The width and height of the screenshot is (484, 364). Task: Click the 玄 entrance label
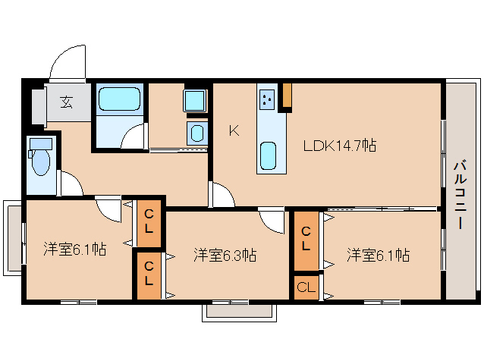66,102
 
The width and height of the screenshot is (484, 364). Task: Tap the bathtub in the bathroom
119,99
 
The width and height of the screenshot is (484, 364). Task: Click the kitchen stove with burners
267,99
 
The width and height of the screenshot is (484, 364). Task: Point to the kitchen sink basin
268,155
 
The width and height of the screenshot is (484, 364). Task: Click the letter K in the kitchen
234,131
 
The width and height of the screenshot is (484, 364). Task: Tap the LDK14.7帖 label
340,146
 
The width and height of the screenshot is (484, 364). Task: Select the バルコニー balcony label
460,195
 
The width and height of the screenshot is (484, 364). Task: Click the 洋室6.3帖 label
225,256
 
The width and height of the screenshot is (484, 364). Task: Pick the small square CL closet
306,287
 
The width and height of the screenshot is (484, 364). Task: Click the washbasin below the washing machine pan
196,133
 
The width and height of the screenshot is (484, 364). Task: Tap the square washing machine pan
194,101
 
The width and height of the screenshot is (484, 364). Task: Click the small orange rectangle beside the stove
287,96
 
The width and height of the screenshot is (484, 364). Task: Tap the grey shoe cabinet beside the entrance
39,107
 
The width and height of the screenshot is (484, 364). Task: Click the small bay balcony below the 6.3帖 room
240,312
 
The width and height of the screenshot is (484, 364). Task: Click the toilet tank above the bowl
41,144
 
